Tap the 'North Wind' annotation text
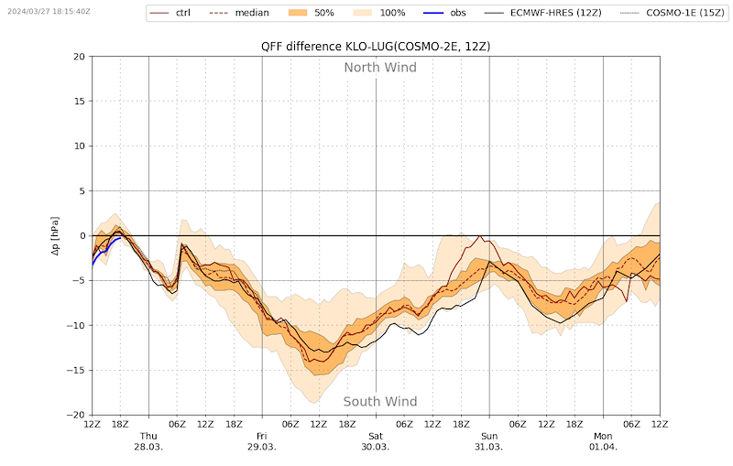(x=380, y=68)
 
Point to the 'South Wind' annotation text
(x=380, y=402)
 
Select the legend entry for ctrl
(x=170, y=13)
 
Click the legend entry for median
(x=240, y=13)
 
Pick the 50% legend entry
(x=312, y=13)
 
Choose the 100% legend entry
(x=379, y=13)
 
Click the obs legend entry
(x=445, y=13)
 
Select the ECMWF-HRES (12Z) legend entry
(x=543, y=13)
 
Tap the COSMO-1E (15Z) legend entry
(x=673, y=13)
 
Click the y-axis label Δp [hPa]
(x=55, y=236)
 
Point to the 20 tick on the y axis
(x=80, y=57)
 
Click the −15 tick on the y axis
(x=76, y=370)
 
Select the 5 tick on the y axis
(x=82, y=191)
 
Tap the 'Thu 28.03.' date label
(x=148, y=441)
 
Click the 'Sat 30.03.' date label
(x=376, y=441)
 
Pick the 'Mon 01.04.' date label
(x=603, y=441)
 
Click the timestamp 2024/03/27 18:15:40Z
(x=49, y=11)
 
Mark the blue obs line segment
(x=104, y=250)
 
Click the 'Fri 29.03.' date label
(x=262, y=441)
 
